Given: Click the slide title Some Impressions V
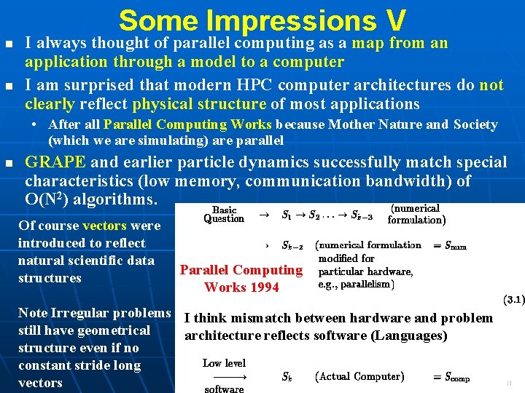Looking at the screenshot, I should (x=262, y=20).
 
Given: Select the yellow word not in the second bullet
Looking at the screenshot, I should (x=491, y=85).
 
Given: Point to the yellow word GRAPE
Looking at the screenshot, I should (x=55, y=162).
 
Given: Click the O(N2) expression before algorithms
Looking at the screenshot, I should (x=50, y=199).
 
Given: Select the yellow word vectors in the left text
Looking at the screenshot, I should (x=104, y=226).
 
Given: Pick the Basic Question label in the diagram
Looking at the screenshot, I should (x=224, y=215).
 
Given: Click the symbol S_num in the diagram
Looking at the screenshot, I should (x=451, y=246).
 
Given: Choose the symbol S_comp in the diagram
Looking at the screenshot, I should (x=451, y=377).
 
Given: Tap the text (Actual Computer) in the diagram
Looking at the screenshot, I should (x=359, y=376).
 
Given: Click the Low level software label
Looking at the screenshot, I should (x=224, y=376).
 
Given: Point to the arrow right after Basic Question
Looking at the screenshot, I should (x=265, y=215).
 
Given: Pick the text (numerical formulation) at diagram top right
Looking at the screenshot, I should (x=416, y=214).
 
